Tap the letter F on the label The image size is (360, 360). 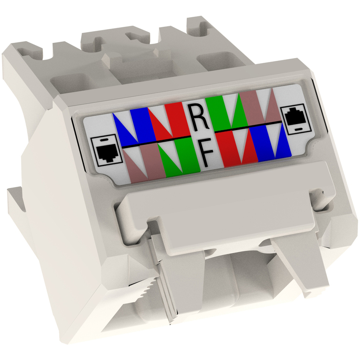pos(206,154)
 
